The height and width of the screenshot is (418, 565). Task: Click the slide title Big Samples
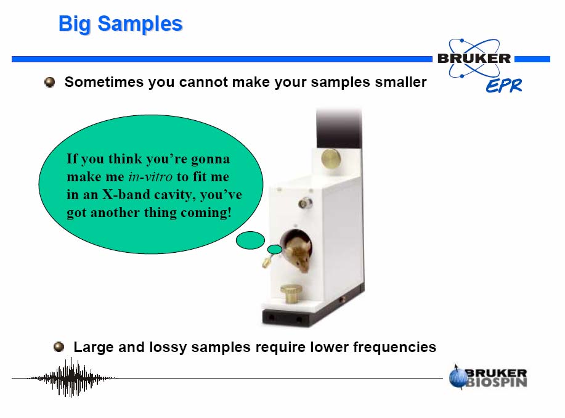point(120,25)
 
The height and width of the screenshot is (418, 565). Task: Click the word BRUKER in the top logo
point(474,59)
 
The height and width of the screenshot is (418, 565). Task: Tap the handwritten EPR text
point(504,86)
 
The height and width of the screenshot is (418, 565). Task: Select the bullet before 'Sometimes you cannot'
point(50,82)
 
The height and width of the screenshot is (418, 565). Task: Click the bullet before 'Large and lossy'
point(59,347)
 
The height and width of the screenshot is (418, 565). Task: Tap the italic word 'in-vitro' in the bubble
point(150,177)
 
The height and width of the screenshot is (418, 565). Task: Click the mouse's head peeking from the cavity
point(299,253)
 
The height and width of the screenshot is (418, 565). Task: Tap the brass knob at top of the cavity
point(331,158)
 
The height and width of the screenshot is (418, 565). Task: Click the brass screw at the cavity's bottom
point(291,293)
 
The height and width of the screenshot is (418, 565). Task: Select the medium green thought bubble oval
point(250,240)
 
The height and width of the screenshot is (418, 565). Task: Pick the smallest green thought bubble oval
point(275,249)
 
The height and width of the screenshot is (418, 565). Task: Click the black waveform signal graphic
point(72,377)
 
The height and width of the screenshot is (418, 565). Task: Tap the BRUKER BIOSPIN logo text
point(496,377)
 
